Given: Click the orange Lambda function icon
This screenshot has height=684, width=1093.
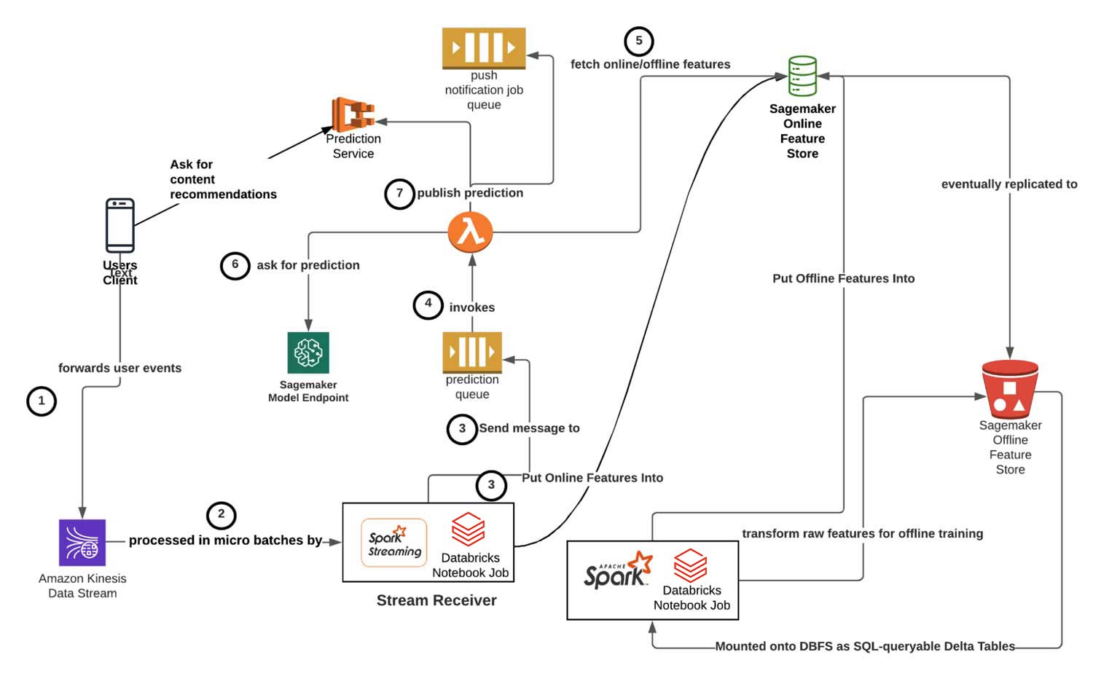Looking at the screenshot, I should (471, 232).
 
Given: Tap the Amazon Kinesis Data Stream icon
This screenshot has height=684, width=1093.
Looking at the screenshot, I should (82, 543).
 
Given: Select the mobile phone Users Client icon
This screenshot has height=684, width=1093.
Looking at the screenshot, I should (120, 225).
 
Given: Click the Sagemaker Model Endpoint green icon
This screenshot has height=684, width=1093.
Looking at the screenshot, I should (308, 353).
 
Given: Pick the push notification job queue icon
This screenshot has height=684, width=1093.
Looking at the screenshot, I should (484, 48).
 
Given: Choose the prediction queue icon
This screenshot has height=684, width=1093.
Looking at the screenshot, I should (472, 353).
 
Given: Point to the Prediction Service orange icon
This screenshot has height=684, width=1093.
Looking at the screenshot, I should (353, 114).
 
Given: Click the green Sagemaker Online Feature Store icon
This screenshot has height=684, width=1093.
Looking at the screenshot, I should (802, 76).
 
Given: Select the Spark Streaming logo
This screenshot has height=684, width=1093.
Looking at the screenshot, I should (394, 543).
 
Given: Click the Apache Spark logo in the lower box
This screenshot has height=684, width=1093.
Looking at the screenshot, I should (618, 570).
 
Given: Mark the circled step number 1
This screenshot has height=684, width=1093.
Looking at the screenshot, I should (42, 401).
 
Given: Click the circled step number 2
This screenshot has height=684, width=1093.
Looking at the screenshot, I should (222, 515).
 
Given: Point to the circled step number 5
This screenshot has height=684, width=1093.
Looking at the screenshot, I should (639, 41).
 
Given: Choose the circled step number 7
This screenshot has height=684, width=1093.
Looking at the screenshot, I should (399, 194).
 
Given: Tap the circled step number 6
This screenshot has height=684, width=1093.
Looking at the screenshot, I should (235, 265).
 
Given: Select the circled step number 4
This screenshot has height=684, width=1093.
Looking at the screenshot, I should (428, 304).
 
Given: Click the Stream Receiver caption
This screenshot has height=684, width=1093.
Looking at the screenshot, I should (436, 600).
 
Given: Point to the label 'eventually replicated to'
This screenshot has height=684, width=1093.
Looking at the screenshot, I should (1009, 184).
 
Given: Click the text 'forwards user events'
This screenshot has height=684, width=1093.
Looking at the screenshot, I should (120, 368).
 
